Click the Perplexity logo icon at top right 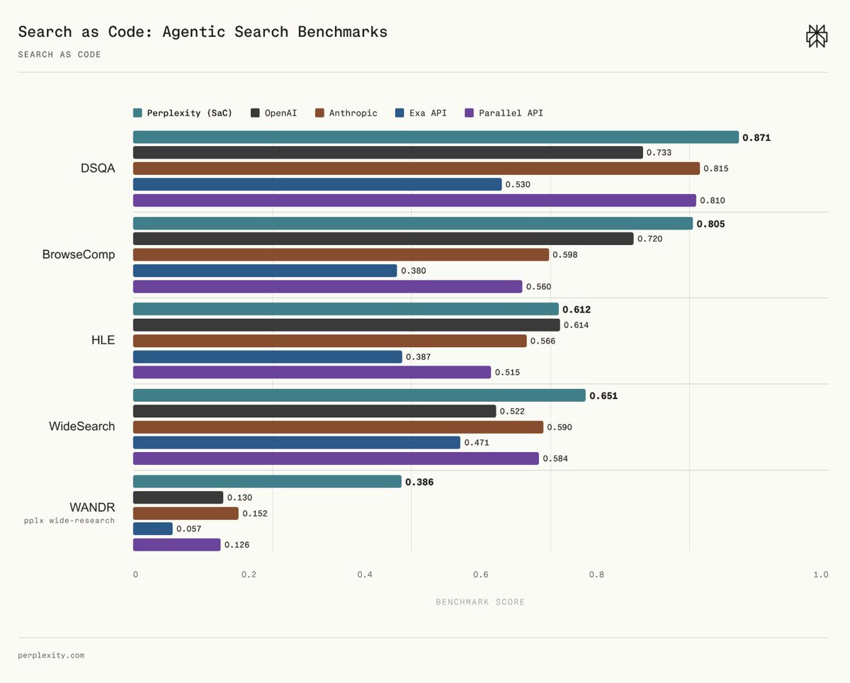pos(817,36)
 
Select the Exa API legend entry pos(421,113)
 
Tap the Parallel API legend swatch pos(469,113)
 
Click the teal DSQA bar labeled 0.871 pos(436,137)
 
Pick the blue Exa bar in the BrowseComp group pos(265,271)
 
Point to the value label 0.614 pos(576,325)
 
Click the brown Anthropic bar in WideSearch pos(338,427)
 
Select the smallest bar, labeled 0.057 pos(153,529)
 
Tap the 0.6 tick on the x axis pos(481,575)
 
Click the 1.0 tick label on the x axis pos(821,575)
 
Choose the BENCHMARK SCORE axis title pos(480,602)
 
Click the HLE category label pos(103,340)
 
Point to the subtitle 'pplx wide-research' pos(69,521)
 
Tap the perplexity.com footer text pos(51,655)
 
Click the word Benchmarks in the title pos(342,32)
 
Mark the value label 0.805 pos(710,224)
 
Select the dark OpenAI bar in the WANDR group pos(178,497)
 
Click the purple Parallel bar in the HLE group pos(312,372)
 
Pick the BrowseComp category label pos(79,254)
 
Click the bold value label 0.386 pos(419,482)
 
